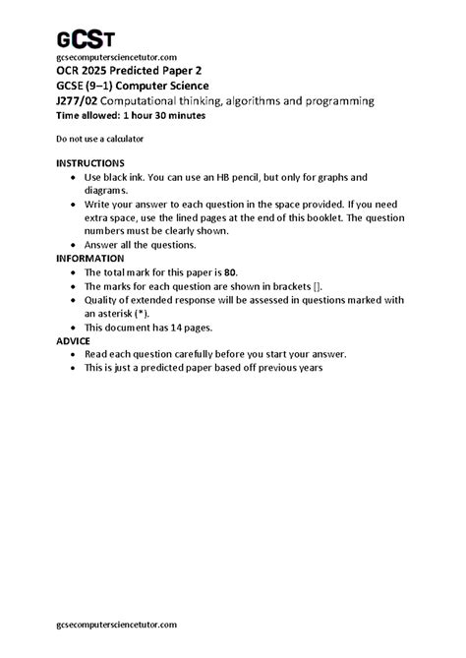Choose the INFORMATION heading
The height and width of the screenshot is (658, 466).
(x=91, y=258)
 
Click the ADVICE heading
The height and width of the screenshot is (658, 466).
(x=73, y=340)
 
